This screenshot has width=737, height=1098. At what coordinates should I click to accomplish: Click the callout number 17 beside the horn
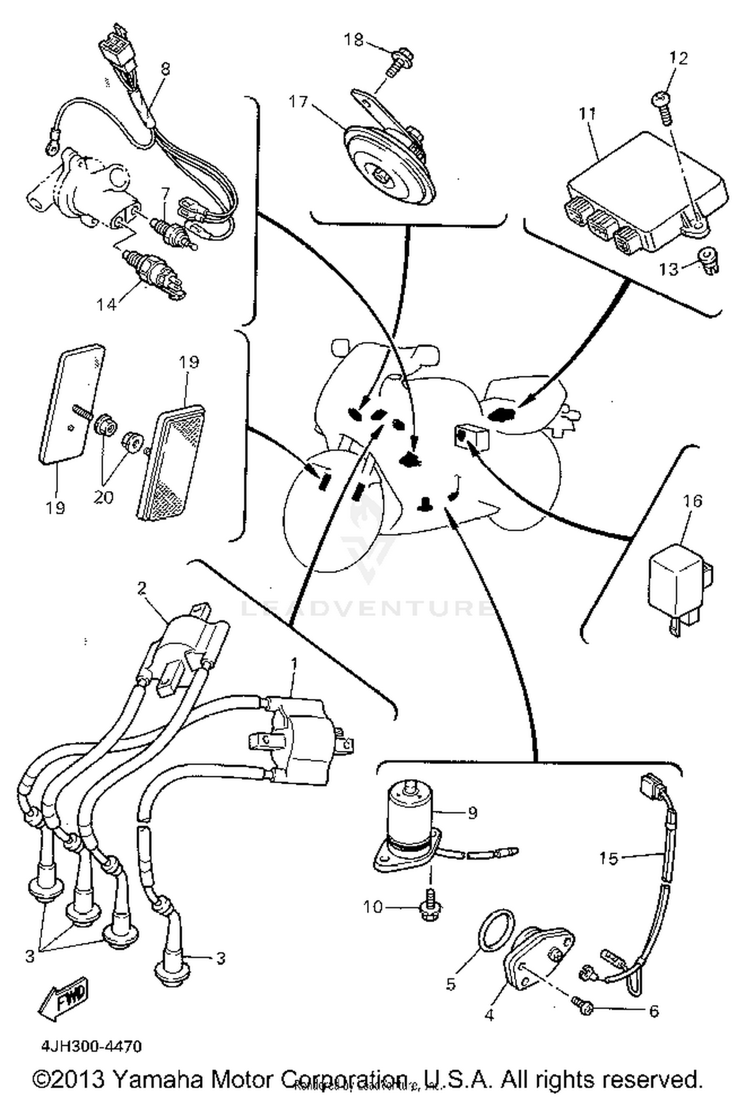[x=298, y=102]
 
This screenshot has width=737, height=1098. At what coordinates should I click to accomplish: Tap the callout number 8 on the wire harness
[x=166, y=69]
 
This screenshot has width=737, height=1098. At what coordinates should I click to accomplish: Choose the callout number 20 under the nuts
[x=104, y=497]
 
